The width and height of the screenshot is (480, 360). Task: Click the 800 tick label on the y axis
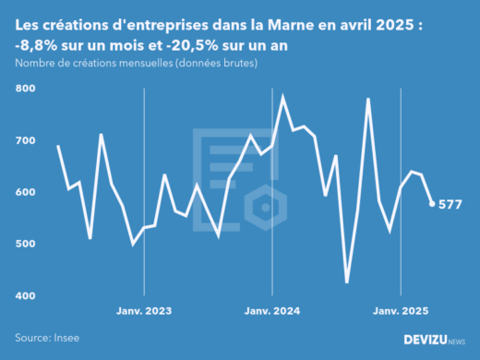point(25,89)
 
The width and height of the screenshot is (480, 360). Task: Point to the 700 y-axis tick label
point(25,140)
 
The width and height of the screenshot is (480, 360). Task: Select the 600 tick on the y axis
point(25,192)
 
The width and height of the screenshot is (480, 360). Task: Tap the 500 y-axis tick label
point(25,244)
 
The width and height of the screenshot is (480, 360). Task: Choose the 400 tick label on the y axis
point(25,295)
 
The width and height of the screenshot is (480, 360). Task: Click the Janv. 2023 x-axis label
point(143,311)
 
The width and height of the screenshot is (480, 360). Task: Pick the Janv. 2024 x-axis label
point(271,311)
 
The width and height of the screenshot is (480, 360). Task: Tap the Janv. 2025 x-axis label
point(400,311)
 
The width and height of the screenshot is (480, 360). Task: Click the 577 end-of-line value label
point(457,204)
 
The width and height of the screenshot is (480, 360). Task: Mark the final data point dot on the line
point(432,204)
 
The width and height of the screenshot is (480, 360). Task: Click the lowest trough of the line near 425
point(347,282)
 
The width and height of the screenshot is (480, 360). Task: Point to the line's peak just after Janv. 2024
point(282,96)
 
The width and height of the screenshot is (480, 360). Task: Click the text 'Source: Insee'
point(46,339)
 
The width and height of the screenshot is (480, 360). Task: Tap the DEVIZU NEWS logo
point(435,340)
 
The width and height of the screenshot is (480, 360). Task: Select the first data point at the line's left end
point(58,146)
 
